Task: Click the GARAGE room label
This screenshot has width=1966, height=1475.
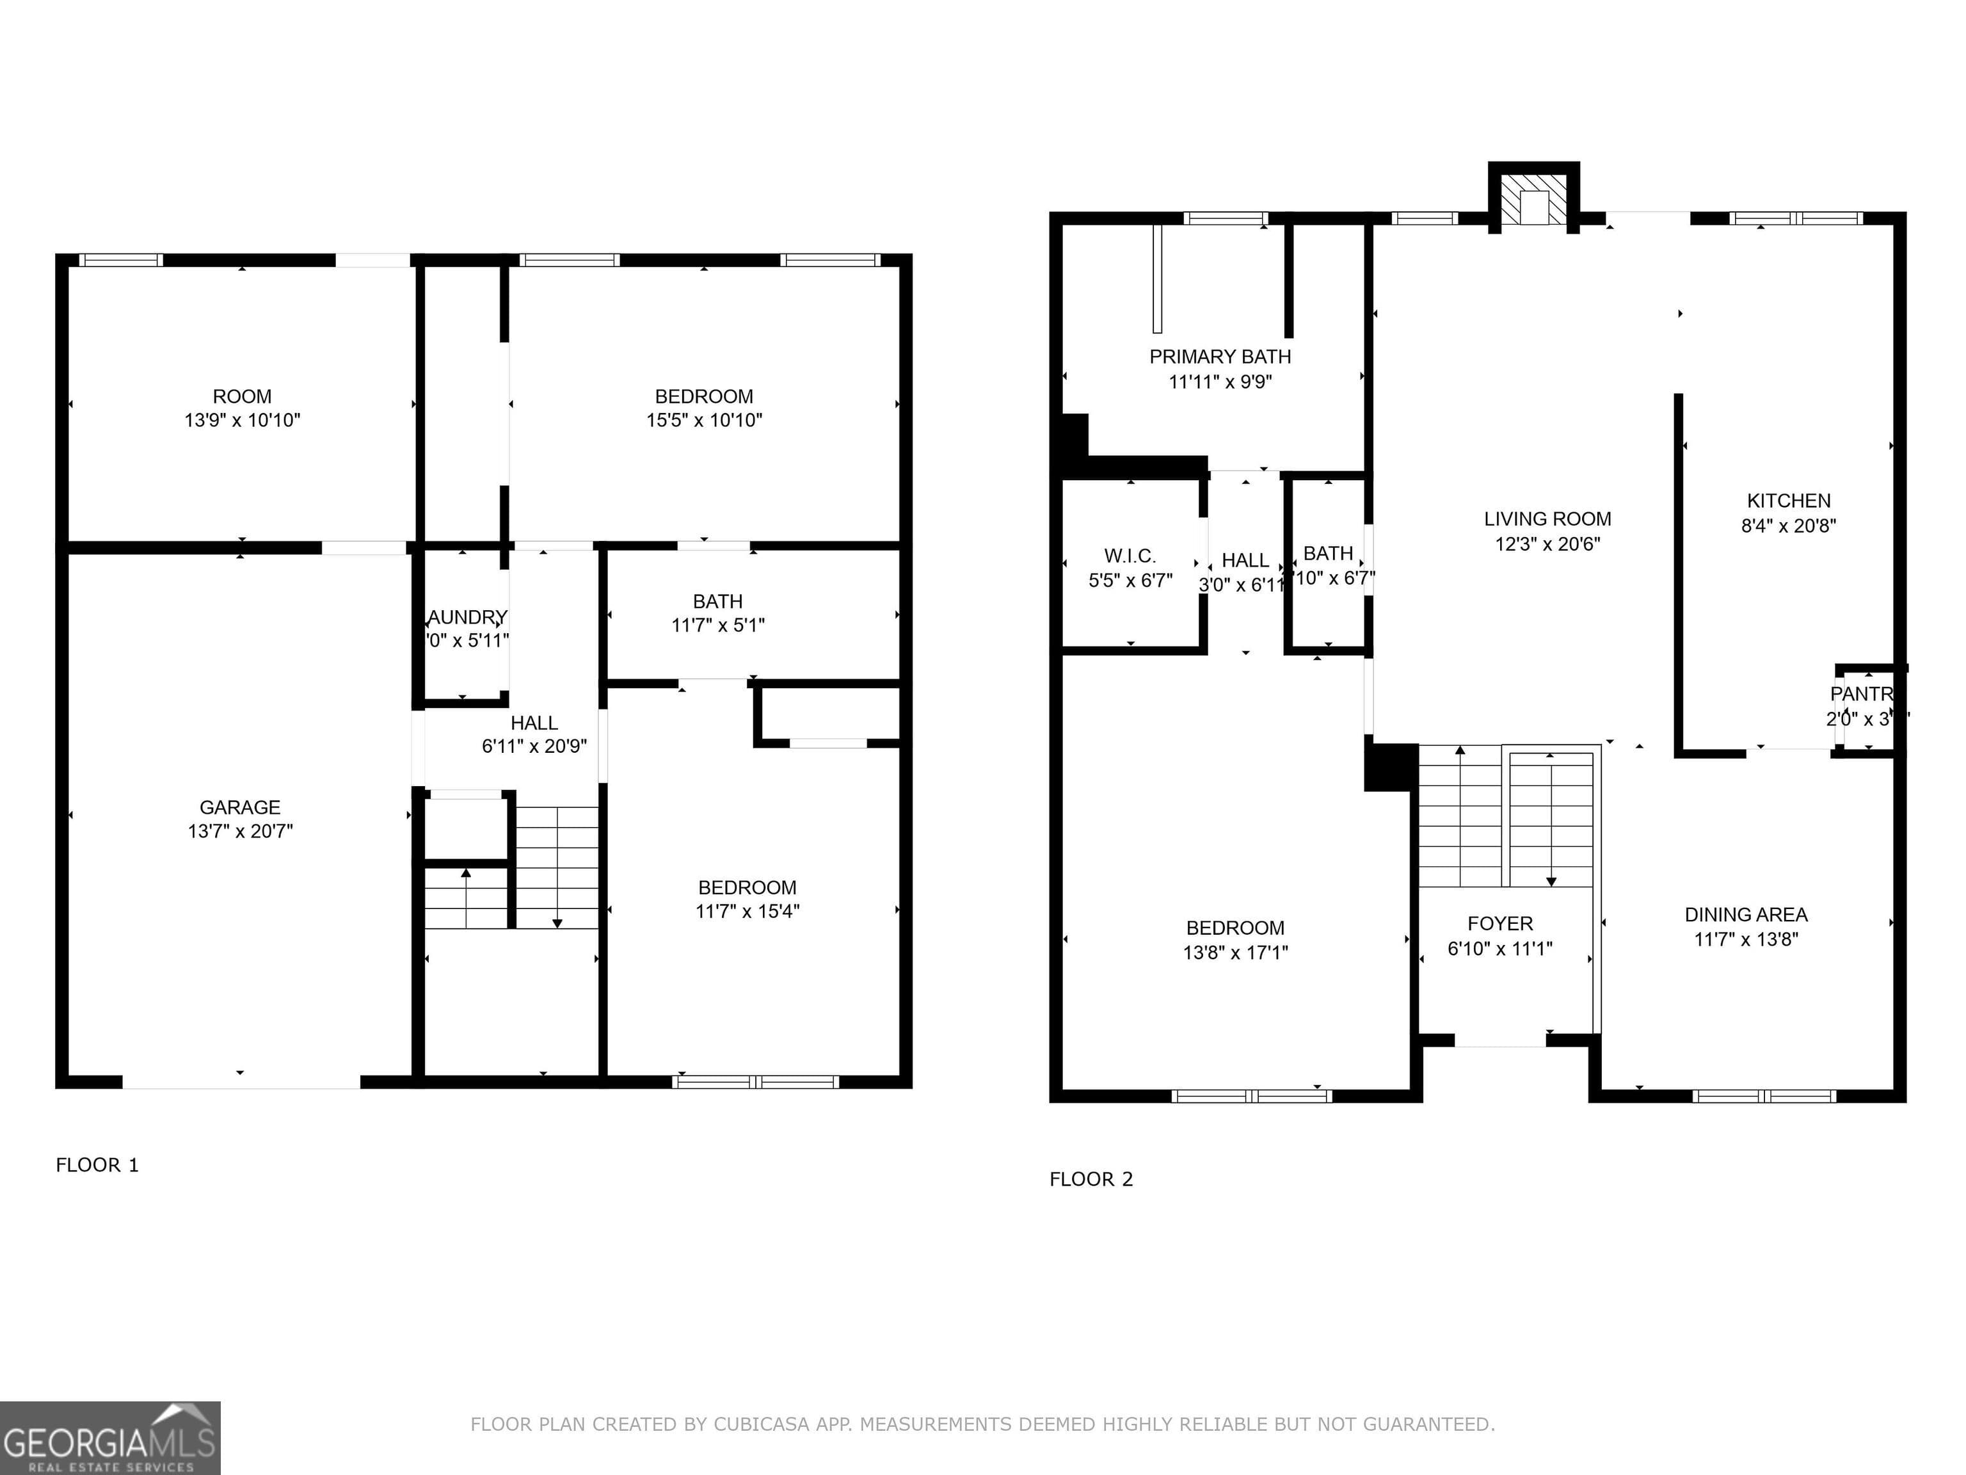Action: (x=239, y=807)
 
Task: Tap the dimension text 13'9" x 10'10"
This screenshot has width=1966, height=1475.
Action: (x=242, y=421)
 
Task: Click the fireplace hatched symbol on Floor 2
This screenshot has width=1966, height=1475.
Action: (x=1533, y=199)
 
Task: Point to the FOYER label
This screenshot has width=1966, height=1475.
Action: (x=1499, y=924)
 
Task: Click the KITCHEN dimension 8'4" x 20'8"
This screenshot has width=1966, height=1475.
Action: (x=1787, y=526)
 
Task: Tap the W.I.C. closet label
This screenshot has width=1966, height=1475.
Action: (x=1130, y=556)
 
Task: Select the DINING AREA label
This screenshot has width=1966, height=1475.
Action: (x=1746, y=914)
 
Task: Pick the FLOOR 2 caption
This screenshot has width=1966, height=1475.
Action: (x=1091, y=1179)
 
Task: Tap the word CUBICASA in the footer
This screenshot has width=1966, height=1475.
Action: (x=761, y=1424)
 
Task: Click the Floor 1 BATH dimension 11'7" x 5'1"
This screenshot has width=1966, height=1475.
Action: (x=717, y=625)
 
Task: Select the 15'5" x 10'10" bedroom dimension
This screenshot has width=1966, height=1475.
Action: (x=703, y=421)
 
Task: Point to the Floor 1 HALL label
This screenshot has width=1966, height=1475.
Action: (x=534, y=723)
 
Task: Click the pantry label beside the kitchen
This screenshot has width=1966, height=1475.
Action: (x=1860, y=693)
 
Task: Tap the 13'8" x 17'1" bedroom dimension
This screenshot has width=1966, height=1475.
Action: (x=1235, y=952)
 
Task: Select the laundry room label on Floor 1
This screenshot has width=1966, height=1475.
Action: (x=468, y=617)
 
